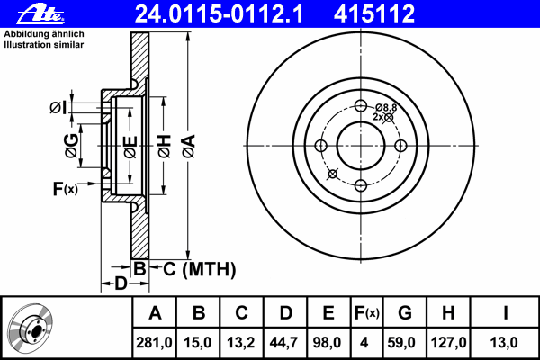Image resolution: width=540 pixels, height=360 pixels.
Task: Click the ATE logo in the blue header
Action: click(40, 14)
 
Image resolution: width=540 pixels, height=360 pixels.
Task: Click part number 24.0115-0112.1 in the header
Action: click(219, 14)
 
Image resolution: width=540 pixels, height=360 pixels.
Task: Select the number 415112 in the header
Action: click(374, 14)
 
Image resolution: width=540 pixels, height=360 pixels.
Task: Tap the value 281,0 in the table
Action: click(154, 342)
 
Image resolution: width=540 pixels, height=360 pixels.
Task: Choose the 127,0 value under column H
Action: click(448, 342)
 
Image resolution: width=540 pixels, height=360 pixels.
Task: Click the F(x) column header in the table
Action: click(367, 313)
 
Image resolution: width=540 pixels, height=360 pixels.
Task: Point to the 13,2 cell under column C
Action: click(240, 342)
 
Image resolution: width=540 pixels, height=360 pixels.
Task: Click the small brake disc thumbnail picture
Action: click(30, 328)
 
